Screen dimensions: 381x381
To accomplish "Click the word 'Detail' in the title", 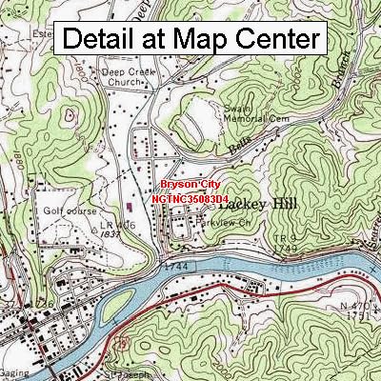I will click(x=102, y=40).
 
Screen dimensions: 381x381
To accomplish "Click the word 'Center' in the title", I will click(x=275, y=40).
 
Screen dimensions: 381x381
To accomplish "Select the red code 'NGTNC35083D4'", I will click(x=190, y=198).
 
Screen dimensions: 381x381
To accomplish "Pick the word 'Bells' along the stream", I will click(x=239, y=148).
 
